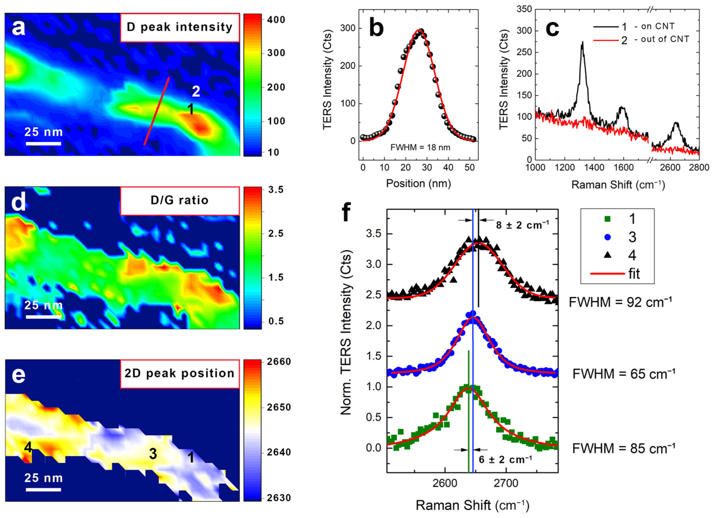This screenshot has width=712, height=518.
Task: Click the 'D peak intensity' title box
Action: [x=180, y=27]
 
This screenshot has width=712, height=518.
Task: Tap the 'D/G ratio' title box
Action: [x=180, y=200]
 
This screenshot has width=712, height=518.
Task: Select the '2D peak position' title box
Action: [x=180, y=373]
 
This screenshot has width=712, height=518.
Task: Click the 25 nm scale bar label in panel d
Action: [x=44, y=305]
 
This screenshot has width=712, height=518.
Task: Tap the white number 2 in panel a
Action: [x=196, y=92]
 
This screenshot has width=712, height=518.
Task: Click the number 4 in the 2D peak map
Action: [x=28, y=447]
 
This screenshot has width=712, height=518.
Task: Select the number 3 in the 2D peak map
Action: [x=153, y=454]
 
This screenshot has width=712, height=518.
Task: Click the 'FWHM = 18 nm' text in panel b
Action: [x=420, y=147]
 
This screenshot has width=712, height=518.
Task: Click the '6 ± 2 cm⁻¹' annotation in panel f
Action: [x=505, y=460]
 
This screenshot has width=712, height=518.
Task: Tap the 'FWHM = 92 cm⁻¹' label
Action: [x=620, y=302]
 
